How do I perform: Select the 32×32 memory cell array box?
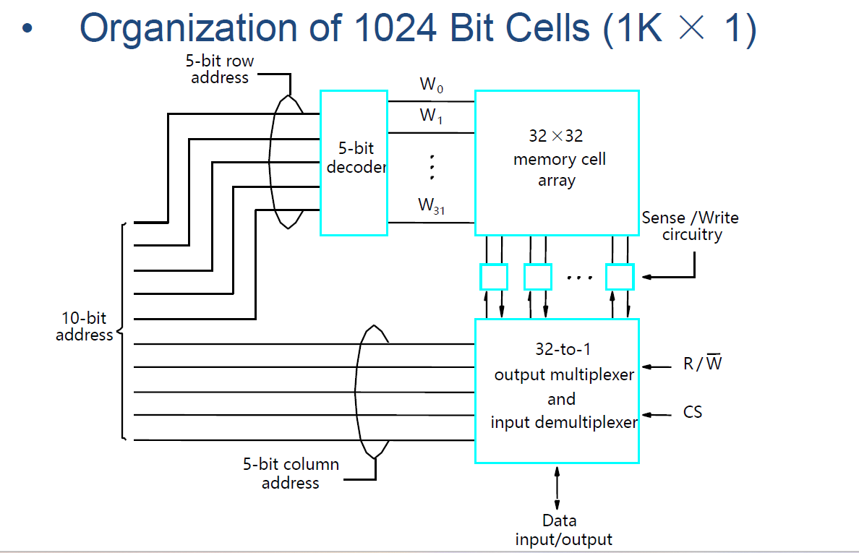557,163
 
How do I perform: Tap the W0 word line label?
432,85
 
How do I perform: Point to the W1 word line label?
432,115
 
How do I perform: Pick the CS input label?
692,413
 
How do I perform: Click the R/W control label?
702,364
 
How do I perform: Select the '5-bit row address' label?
220,69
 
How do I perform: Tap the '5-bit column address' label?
291,473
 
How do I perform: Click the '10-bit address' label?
84,327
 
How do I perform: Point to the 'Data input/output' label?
563,530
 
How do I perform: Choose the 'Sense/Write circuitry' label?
691,226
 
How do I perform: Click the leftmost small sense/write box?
494,277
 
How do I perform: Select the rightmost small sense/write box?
620,277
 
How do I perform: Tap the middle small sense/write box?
537,277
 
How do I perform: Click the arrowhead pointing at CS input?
646,415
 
